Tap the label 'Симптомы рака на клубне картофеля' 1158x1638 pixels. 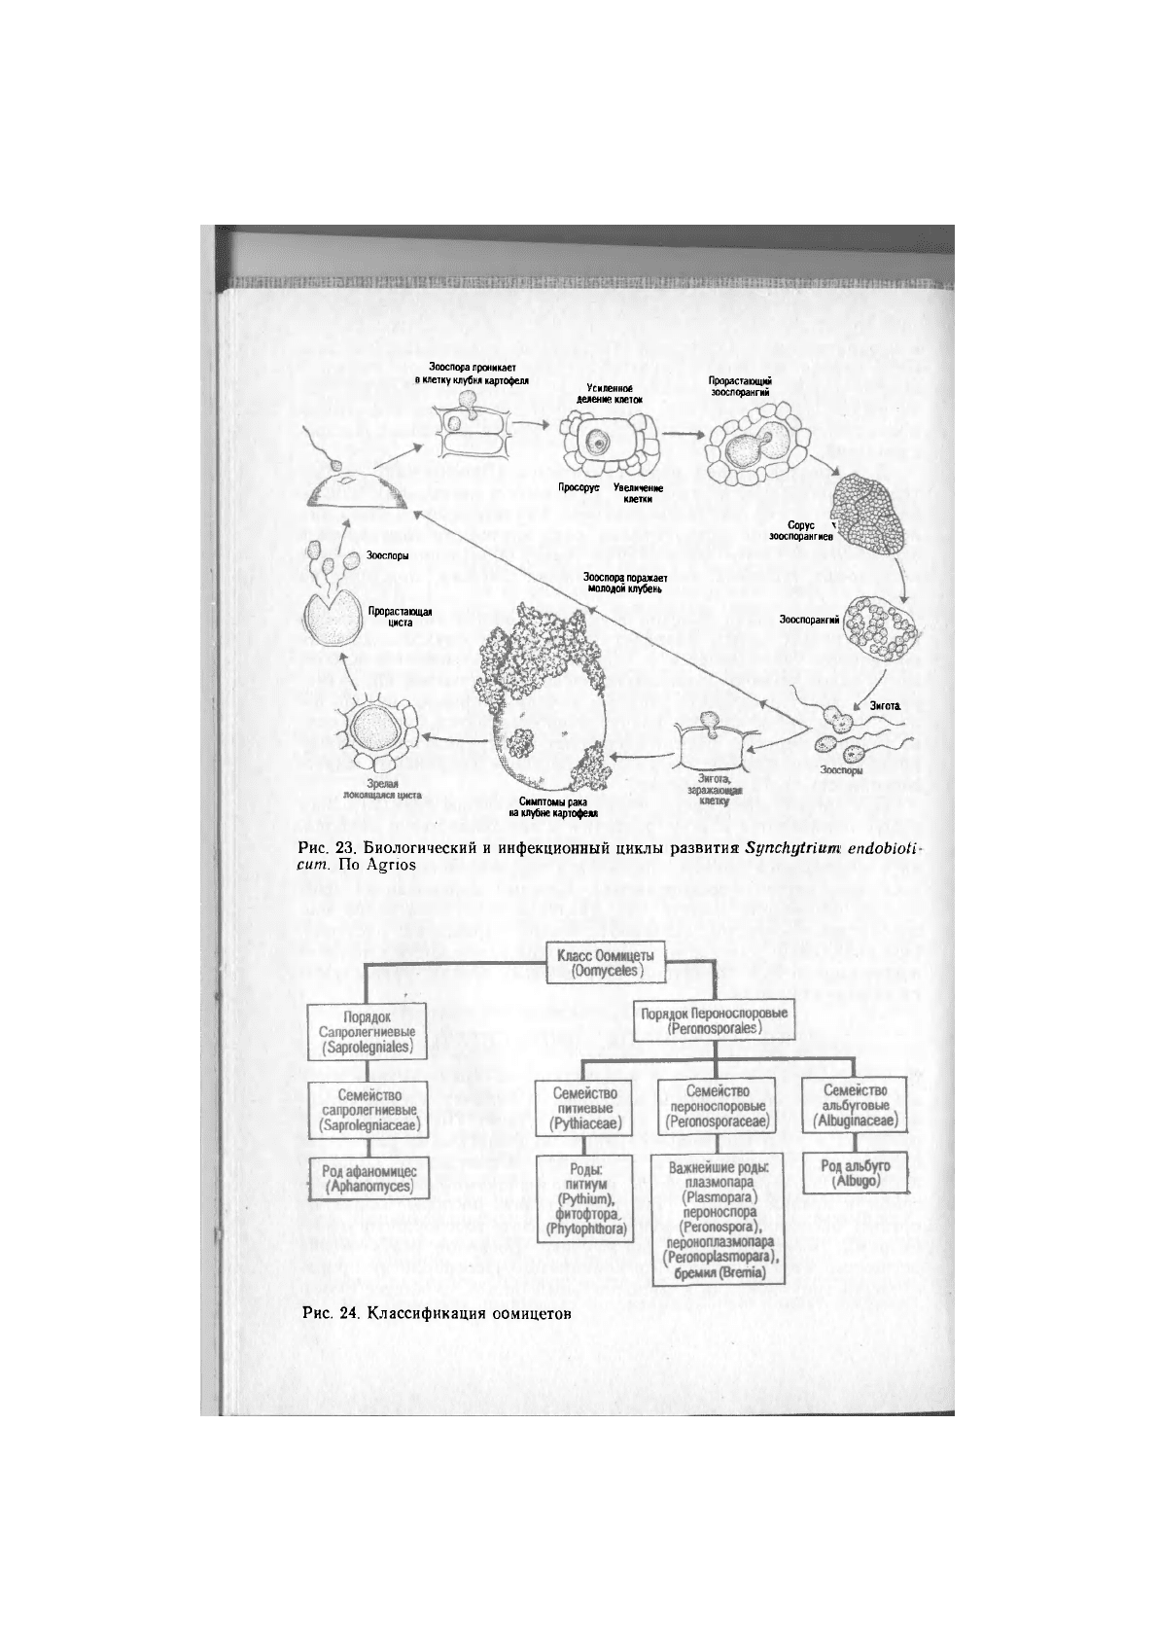point(551,805)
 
